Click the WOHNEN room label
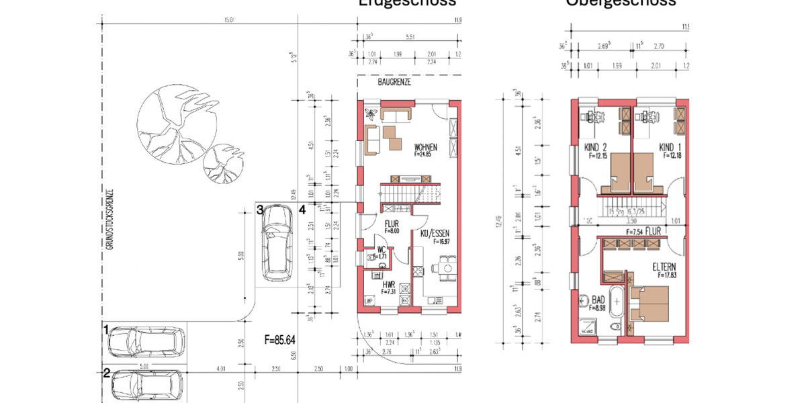coord(427,147)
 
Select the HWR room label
coord(388,284)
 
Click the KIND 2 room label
coord(596,148)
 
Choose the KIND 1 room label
coord(669,148)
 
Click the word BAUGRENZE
coord(394,83)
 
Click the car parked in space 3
coord(277,242)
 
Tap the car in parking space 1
coord(145,341)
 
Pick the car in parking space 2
coord(148,386)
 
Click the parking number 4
coord(302,210)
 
